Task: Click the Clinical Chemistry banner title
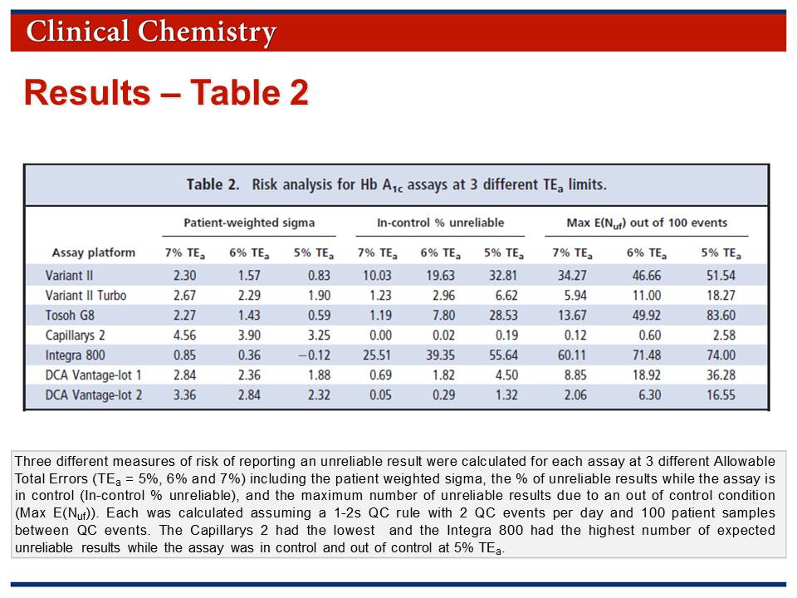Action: [x=151, y=32]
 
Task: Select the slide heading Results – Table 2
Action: [x=166, y=92]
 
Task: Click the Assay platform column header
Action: [x=93, y=252]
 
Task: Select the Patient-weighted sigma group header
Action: [x=249, y=223]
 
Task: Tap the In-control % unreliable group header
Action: [x=440, y=223]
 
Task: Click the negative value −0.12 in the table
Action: [x=313, y=355]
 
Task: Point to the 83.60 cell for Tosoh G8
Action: [x=718, y=315]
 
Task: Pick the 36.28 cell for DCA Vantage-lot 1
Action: [x=718, y=375]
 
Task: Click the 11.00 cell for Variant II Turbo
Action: [x=646, y=295]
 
